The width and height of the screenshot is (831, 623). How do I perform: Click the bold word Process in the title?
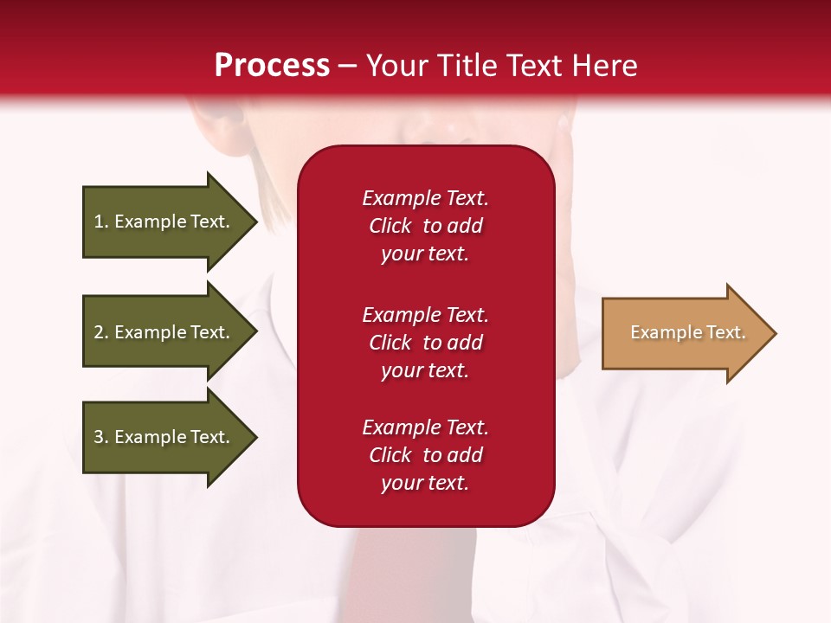[x=272, y=66]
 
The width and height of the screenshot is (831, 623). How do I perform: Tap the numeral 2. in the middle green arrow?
[x=101, y=332]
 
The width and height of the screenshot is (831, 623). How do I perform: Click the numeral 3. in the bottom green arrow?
[x=101, y=437]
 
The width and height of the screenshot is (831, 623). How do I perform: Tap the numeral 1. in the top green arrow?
[x=101, y=222]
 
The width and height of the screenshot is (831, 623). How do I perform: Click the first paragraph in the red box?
[x=425, y=226]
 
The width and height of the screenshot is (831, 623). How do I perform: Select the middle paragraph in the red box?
[x=425, y=343]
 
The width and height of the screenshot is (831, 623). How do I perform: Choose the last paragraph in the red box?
[x=425, y=455]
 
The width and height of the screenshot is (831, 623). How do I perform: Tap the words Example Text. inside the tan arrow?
[x=687, y=332]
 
